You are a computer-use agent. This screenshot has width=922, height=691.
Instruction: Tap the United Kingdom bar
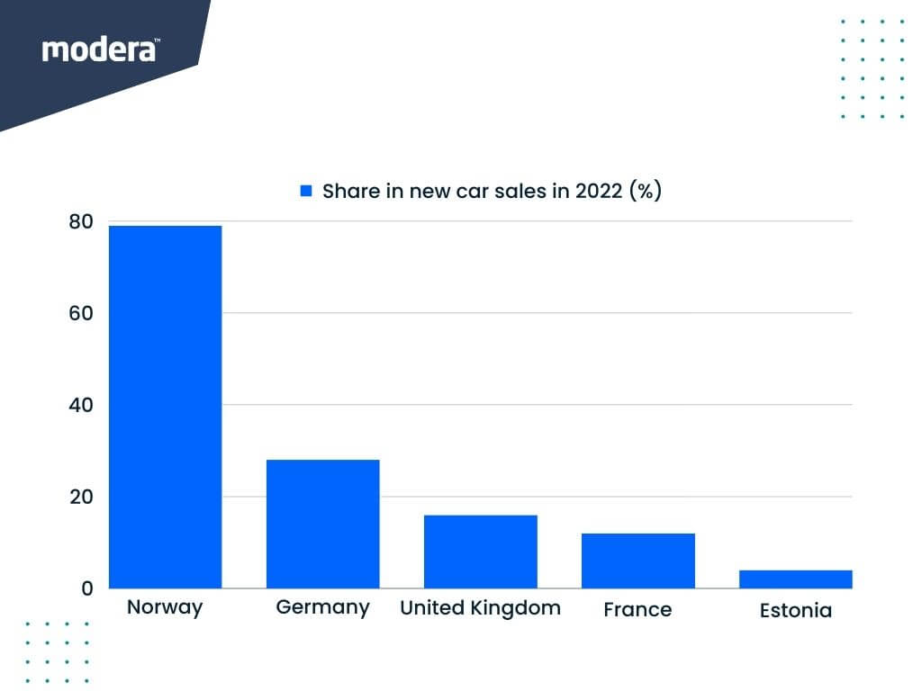click(480, 552)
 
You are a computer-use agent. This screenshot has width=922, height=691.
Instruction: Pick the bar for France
click(637, 561)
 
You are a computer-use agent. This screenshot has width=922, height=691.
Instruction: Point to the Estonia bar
click(795, 579)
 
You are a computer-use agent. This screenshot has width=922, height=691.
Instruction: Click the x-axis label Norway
click(165, 606)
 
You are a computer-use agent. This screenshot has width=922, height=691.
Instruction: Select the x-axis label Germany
click(322, 607)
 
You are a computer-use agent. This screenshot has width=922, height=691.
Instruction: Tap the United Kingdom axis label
click(480, 608)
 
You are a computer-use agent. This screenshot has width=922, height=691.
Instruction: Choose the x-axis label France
click(637, 610)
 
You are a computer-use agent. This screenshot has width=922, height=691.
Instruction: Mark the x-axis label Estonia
click(795, 611)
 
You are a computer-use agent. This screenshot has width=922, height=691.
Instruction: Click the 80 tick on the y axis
click(81, 221)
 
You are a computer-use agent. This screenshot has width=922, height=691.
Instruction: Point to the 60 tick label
click(81, 313)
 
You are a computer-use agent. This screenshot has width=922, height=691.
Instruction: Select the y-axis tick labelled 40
click(81, 405)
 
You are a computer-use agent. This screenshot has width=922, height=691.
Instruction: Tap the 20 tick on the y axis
click(81, 497)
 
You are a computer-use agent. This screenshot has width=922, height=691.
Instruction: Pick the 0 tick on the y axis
click(87, 588)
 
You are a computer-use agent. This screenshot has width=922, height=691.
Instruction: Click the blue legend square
click(306, 192)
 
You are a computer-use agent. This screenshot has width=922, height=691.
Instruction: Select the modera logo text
click(100, 49)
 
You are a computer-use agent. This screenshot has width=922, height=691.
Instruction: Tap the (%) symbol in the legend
click(646, 191)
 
